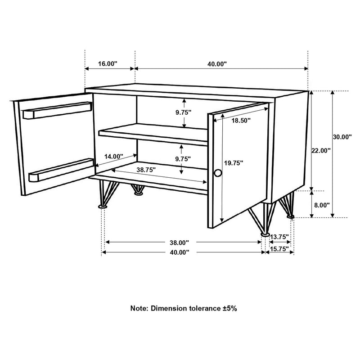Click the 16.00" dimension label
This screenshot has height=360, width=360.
pos(107,64)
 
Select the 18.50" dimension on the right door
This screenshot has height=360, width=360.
pos(241,120)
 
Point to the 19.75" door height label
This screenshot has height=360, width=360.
pos(234,163)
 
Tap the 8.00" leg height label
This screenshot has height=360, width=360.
pos(321,204)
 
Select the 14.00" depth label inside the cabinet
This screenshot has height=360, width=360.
pos(113,157)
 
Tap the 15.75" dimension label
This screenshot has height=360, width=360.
pos(280,248)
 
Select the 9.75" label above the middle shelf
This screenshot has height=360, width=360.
pos(184,112)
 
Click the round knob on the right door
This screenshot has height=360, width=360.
pos(218,173)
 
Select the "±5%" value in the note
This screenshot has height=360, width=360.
pos(228,309)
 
